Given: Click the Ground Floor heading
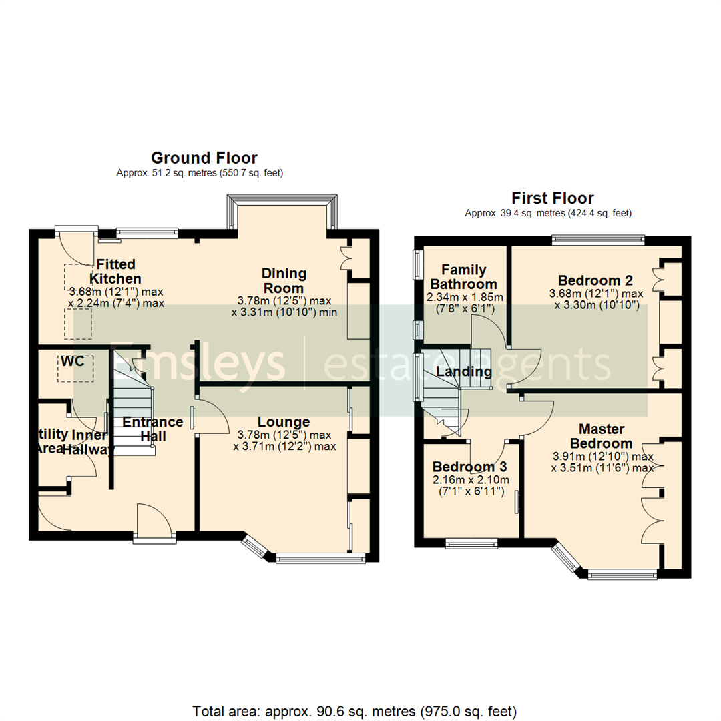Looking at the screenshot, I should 204,158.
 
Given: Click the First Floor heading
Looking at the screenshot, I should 553,198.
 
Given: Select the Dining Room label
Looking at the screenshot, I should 284,280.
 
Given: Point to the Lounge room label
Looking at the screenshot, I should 284,422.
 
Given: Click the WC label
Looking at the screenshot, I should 73,360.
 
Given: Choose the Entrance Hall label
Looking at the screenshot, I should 152,429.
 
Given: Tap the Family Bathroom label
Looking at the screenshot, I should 464,278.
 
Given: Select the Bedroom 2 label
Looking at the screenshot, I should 595,280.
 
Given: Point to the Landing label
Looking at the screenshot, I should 464,372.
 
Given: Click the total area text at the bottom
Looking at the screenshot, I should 354,710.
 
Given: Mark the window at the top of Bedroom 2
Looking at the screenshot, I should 598,238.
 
